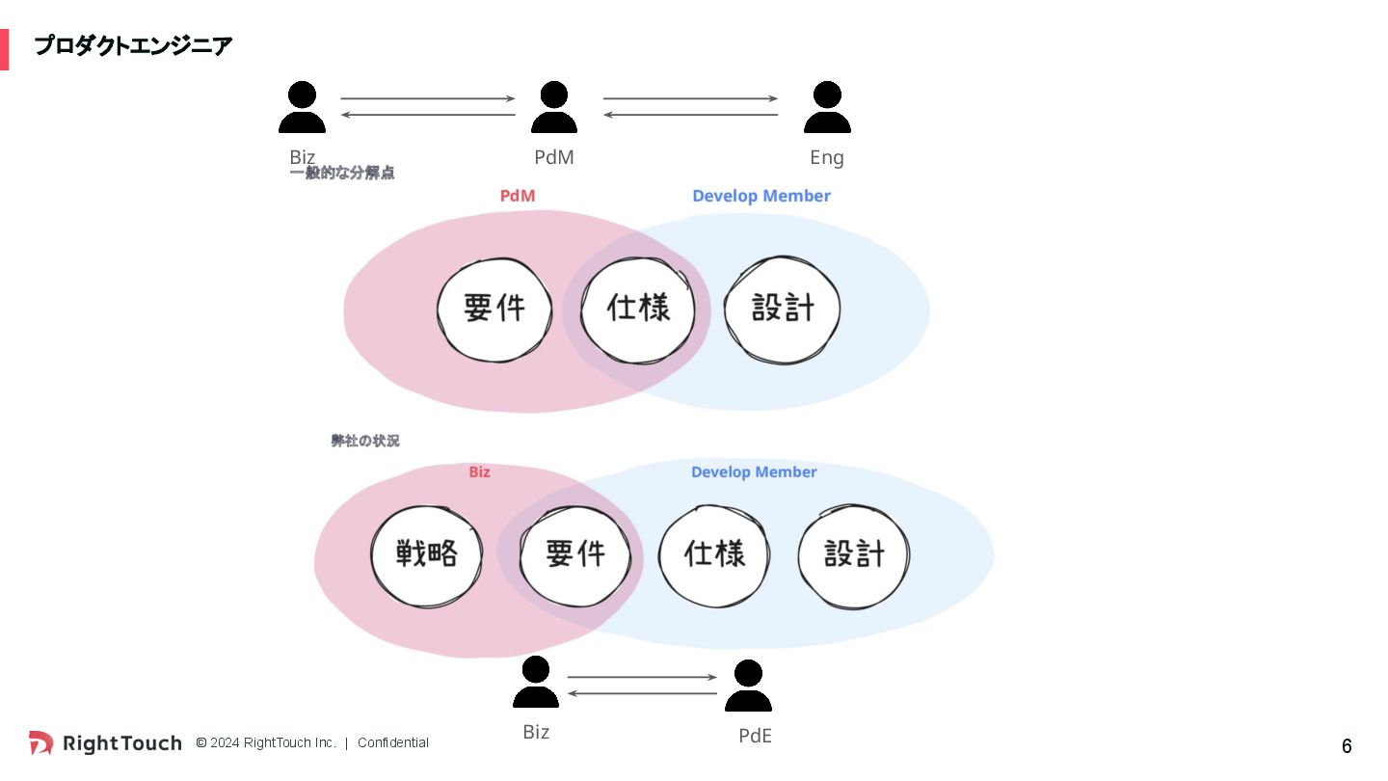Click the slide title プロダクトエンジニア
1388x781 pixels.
point(133,45)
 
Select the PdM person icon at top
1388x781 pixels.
point(553,107)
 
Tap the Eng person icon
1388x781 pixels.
point(827,107)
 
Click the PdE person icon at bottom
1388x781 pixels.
point(748,686)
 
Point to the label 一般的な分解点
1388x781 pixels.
point(342,174)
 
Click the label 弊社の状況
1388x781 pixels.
point(365,441)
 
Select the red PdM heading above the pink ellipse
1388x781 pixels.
point(518,196)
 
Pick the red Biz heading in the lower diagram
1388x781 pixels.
point(479,471)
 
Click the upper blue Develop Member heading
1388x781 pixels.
point(761,196)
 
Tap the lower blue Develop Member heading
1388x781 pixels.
point(754,471)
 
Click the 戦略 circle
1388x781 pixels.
point(426,553)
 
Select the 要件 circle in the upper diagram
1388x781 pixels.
point(494,309)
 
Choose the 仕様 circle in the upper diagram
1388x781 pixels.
point(638,309)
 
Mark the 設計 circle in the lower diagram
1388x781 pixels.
point(854,553)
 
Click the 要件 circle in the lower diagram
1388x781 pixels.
point(574,553)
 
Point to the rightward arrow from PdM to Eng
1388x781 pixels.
point(690,98)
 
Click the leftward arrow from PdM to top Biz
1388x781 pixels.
point(428,116)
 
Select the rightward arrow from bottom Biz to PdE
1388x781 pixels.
point(642,677)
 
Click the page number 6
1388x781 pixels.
point(1347,746)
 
